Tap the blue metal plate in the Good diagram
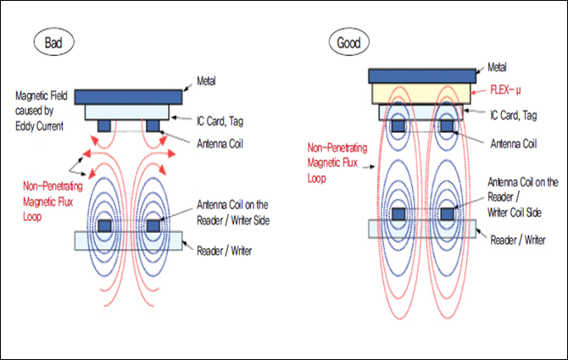[421, 75]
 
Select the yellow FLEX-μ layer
[421, 93]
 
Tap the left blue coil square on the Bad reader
[105, 226]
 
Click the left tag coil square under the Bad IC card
[103, 126]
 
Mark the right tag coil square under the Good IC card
[445, 126]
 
